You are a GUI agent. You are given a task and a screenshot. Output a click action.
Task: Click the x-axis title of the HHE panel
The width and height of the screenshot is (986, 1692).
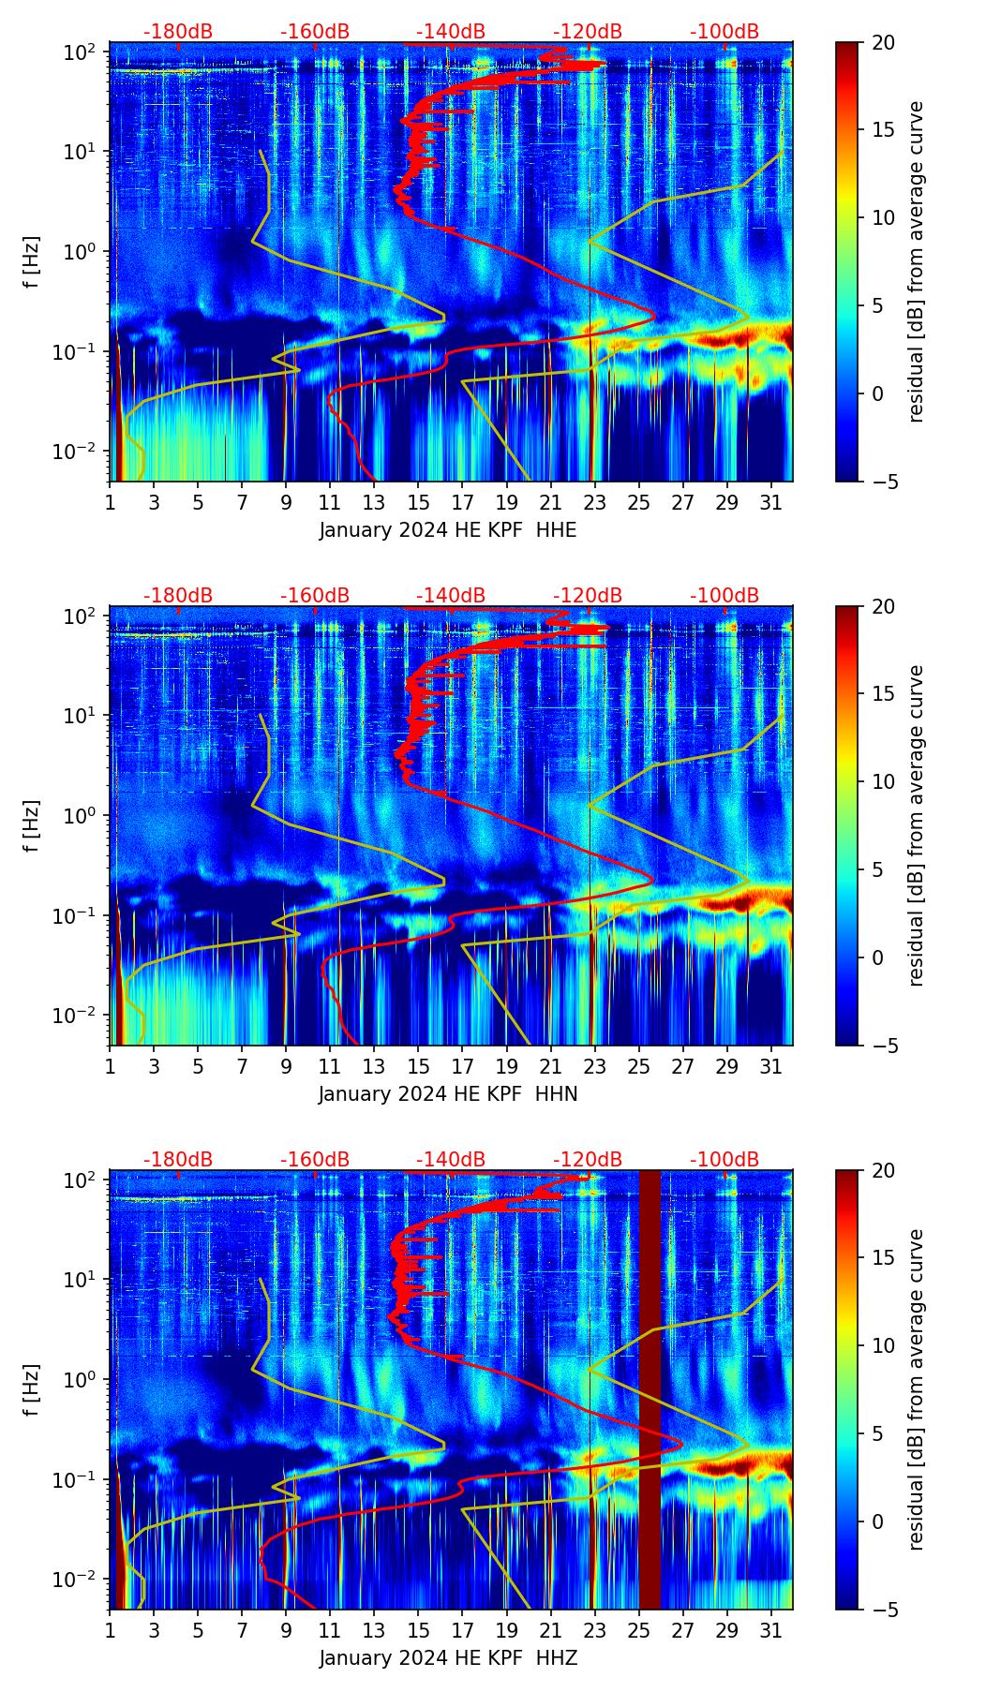[448, 530]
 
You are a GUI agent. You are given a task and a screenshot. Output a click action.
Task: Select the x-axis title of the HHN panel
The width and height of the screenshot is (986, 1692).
[448, 1094]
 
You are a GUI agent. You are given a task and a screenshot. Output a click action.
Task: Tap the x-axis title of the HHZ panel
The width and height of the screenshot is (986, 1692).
[448, 1658]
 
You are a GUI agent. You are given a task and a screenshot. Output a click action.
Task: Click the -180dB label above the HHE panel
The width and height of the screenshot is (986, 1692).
[178, 32]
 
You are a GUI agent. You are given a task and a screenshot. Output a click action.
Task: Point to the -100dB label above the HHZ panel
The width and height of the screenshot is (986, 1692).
[725, 1160]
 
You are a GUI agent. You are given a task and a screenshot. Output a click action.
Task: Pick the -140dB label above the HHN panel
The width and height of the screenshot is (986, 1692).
[451, 596]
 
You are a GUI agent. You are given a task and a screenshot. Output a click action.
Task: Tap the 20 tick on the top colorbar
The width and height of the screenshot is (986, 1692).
[882, 43]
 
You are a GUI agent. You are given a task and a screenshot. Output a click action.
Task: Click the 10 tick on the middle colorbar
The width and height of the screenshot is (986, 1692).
[882, 781]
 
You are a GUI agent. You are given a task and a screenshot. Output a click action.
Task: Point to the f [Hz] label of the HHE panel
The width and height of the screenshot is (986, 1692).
[32, 262]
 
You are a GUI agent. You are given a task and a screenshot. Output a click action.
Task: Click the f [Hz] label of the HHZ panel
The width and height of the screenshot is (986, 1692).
[32, 1390]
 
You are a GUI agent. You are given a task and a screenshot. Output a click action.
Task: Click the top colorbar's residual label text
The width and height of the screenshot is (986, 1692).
[916, 262]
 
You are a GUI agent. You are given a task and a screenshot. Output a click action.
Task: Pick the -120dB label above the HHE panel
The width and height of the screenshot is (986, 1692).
[588, 32]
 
